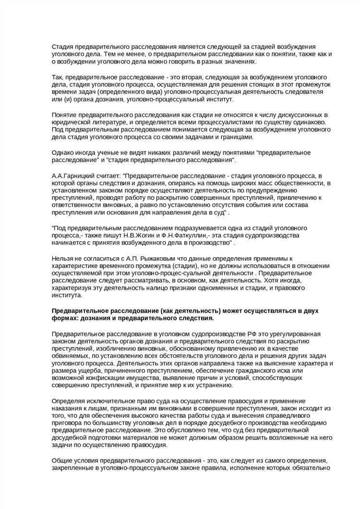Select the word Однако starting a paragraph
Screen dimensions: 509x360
pos(65,153)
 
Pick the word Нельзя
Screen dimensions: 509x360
pos(64,259)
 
